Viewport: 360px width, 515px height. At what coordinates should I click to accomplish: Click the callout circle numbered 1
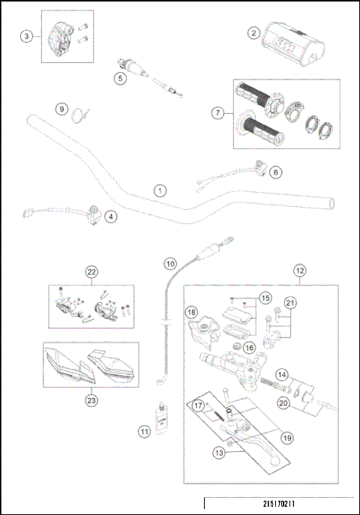(159, 190)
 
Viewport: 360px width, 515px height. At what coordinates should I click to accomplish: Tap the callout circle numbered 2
(254, 33)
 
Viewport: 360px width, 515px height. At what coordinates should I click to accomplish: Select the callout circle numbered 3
(27, 35)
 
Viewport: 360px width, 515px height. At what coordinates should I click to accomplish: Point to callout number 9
(61, 109)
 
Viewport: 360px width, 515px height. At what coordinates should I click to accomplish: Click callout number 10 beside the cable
(170, 263)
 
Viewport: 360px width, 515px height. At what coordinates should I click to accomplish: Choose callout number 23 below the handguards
(91, 400)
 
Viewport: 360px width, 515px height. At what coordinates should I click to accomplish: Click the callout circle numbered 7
(218, 112)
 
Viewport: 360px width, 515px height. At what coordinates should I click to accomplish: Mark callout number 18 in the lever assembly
(190, 312)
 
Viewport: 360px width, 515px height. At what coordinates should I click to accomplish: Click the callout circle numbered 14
(282, 374)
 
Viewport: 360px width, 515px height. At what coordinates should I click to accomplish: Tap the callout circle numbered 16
(249, 348)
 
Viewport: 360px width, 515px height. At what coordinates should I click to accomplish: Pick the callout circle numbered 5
(119, 76)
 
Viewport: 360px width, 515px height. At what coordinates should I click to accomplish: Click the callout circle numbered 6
(275, 172)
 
